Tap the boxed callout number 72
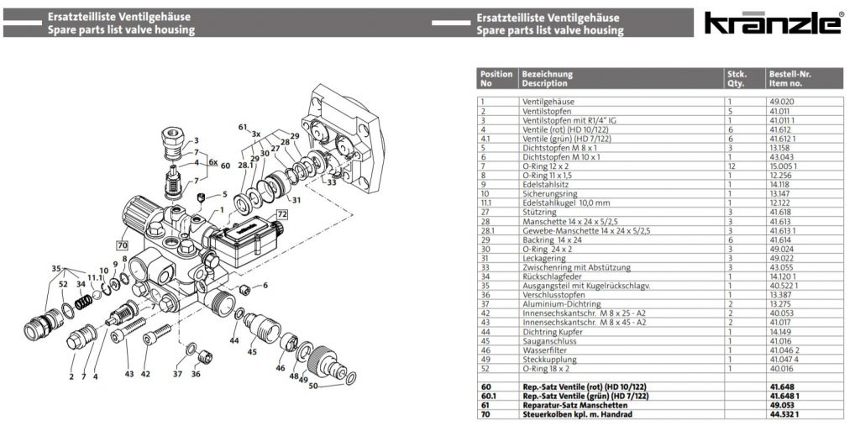tap(282, 215)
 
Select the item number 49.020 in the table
tap(780, 101)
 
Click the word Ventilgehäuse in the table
tap(548, 101)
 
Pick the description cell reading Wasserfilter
tap(545, 350)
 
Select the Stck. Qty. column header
tap(736, 79)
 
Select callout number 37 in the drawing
tap(178, 373)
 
